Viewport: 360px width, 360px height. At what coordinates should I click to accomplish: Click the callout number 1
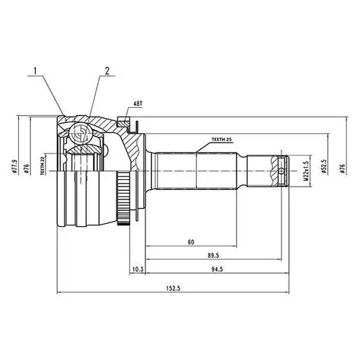35,71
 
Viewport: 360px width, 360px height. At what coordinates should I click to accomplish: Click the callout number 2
107,71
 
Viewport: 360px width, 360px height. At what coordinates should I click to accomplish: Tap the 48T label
138,104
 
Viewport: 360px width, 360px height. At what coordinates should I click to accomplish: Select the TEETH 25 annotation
222,139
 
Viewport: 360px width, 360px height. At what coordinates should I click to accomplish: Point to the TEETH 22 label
42,166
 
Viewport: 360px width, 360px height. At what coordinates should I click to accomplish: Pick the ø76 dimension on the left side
27,168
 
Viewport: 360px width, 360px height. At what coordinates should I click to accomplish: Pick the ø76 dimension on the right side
342,168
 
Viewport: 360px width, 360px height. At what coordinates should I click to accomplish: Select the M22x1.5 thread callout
305,171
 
